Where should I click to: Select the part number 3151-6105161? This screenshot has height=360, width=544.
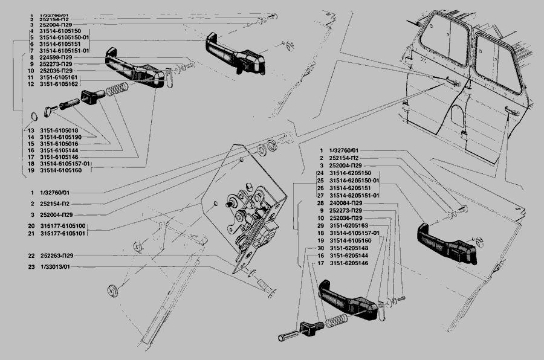pyautogui.click(x=58, y=77)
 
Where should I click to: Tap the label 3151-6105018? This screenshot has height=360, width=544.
pyautogui.click(x=59, y=130)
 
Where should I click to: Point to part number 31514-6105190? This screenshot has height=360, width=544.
pyautogui.click(x=60, y=137)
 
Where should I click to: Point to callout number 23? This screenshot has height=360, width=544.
pyautogui.click(x=30, y=267)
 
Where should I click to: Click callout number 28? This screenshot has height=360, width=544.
pyautogui.click(x=321, y=203)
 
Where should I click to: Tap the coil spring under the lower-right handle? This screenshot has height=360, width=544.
pyautogui.click(x=335, y=321)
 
